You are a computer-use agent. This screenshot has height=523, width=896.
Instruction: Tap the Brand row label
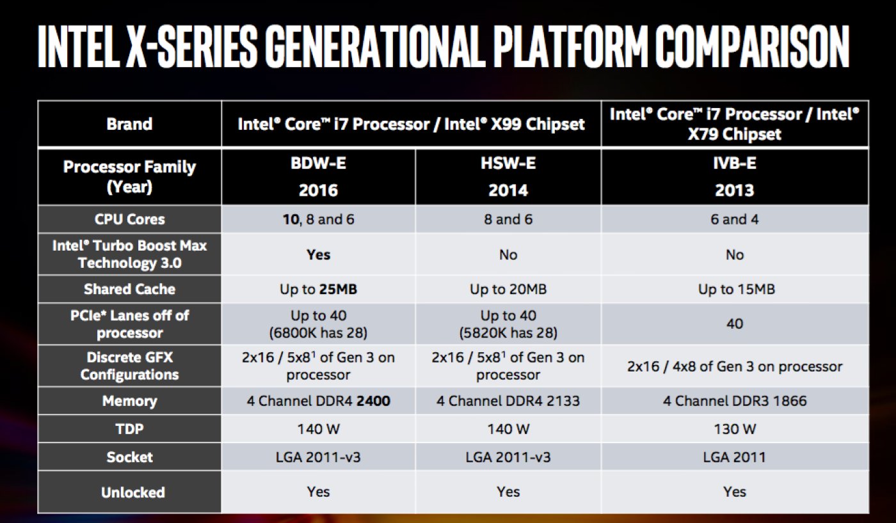129,124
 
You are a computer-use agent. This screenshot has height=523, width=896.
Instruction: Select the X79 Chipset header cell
734,124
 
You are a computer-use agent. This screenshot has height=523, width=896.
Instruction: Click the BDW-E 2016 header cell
318,177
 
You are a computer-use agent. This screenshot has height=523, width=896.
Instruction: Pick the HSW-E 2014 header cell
508,177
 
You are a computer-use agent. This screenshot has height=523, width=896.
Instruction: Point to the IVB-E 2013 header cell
734,177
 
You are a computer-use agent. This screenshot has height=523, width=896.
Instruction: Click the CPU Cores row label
129,219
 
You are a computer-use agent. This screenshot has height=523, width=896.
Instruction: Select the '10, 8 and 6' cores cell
318,219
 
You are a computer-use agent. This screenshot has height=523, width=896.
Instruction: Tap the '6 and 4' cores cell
734,219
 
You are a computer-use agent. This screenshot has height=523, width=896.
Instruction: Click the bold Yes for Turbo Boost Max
318,254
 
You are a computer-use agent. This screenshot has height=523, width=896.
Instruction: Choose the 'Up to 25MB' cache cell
318,289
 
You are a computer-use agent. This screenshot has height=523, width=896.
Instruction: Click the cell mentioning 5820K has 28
508,324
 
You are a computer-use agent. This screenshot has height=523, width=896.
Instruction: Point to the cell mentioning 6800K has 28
318,324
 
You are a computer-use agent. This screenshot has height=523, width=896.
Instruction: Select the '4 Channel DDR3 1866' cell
734,401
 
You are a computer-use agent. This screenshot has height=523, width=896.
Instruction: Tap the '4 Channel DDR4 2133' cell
508,401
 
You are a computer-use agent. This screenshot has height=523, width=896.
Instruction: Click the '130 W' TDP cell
734,429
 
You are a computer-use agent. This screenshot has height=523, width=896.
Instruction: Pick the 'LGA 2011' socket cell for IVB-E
734,457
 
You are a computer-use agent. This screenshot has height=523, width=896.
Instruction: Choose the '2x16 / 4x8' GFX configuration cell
734,366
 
